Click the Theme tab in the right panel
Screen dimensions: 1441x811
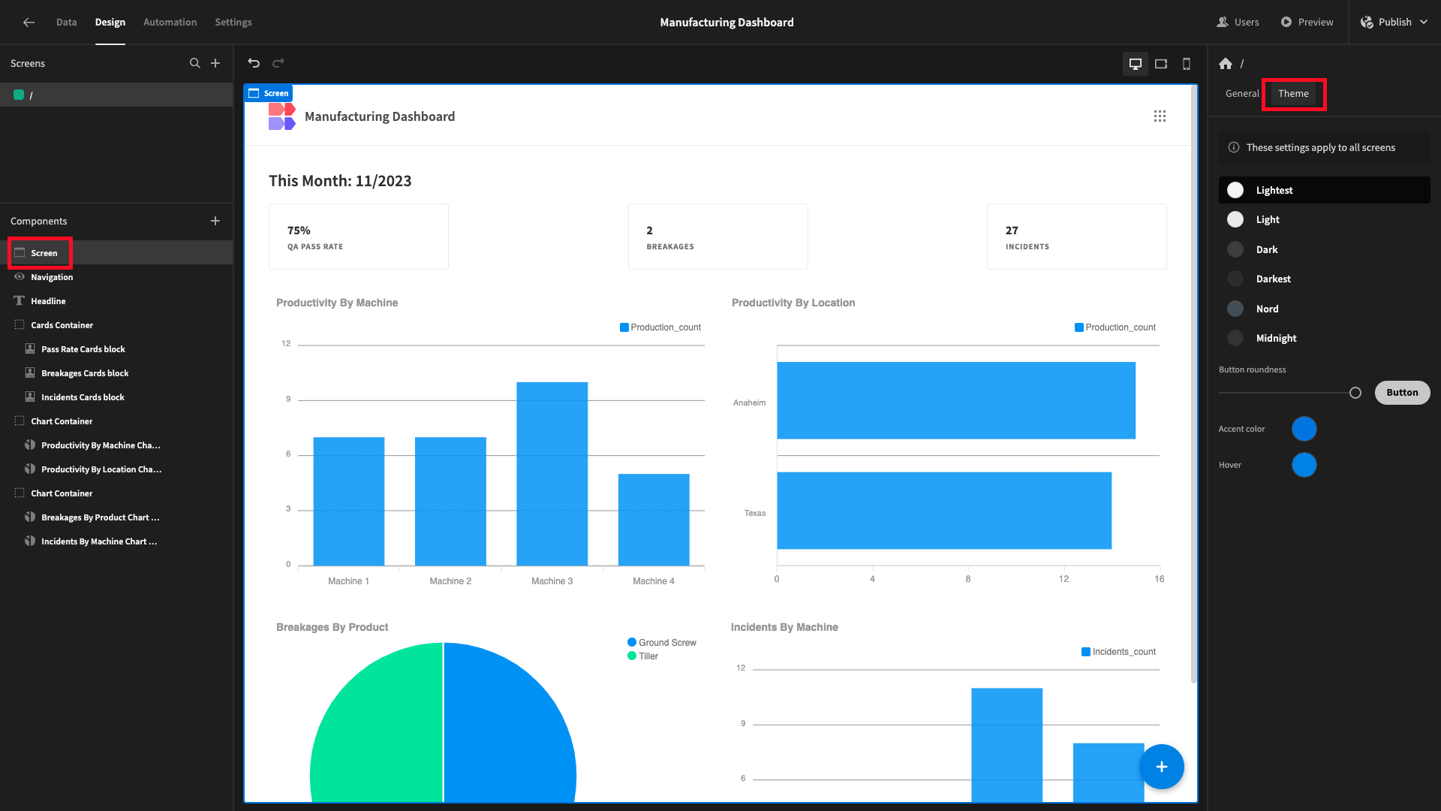point(1293,94)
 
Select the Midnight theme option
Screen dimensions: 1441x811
point(1276,339)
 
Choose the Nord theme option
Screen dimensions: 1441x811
point(1267,309)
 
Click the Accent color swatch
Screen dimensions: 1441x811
point(1304,429)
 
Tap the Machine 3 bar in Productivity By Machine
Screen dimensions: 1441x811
point(552,474)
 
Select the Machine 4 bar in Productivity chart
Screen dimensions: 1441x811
point(654,520)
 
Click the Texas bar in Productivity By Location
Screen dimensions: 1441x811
point(944,511)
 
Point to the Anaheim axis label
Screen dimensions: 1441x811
point(749,403)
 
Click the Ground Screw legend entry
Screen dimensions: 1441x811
point(662,643)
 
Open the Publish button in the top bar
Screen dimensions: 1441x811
point(1394,23)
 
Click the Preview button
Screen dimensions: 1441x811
point(1307,23)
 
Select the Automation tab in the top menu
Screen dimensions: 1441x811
point(170,23)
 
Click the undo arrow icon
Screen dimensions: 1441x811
point(254,63)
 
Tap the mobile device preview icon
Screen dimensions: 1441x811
point(1187,64)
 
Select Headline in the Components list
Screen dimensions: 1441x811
point(48,301)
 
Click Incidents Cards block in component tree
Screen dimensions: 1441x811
point(83,397)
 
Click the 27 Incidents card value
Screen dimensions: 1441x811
point(1012,231)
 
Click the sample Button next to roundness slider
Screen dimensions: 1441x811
point(1402,393)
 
